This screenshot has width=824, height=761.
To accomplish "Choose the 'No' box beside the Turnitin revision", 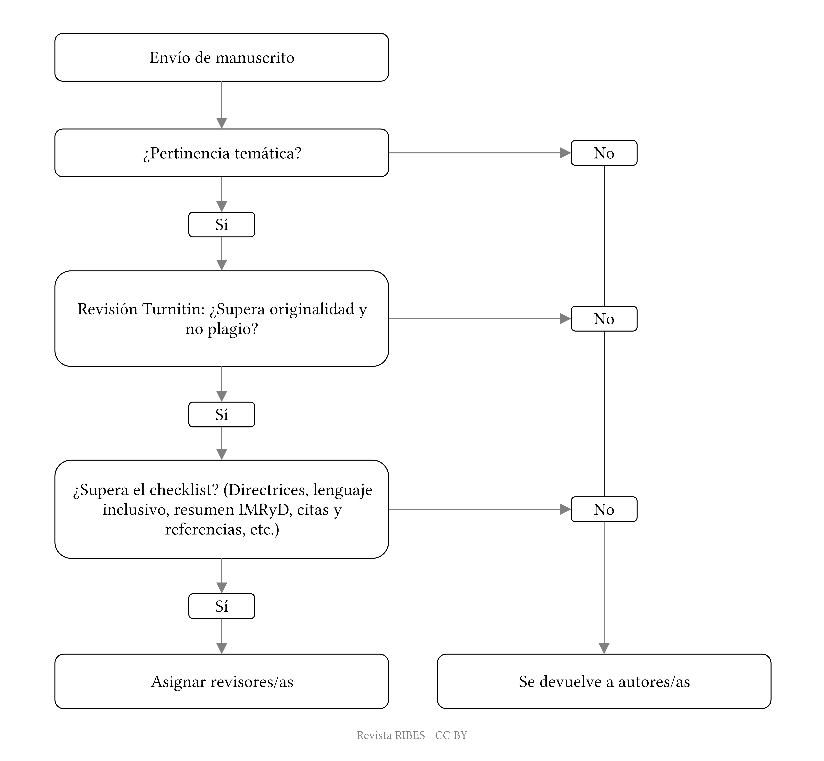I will (x=603, y=319).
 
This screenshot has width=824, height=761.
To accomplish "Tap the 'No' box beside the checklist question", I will (x=603, y=509).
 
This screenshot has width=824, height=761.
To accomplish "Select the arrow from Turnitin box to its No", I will (x=477, y=319).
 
